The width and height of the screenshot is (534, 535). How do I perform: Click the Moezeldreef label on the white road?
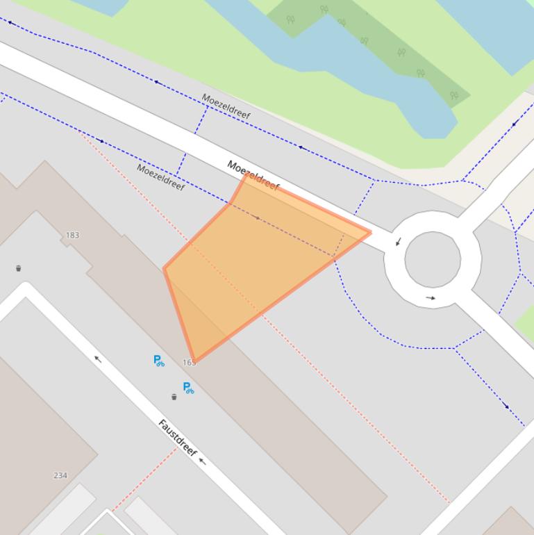253,175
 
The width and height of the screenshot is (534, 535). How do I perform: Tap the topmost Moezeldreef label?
226,106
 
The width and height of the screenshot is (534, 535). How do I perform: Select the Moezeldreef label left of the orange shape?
160,176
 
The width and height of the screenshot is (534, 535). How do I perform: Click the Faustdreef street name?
176,437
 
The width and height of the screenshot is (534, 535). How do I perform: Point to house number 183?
72,236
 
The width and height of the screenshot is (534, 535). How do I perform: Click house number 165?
189,363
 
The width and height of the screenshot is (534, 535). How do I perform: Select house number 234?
60,475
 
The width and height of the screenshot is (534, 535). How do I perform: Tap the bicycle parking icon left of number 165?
159,360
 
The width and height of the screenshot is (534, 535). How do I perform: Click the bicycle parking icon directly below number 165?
188,388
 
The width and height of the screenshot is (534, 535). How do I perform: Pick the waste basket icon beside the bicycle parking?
174,397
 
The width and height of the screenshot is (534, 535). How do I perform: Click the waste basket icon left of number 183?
19,268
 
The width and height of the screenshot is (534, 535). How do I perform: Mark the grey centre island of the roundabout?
432,259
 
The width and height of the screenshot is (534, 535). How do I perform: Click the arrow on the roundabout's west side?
398,242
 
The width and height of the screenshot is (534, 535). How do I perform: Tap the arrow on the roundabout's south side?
431,298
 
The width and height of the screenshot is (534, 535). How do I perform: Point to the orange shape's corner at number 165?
194,361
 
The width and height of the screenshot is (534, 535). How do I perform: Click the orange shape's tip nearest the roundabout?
370,233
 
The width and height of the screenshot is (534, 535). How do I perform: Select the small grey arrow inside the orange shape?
258,218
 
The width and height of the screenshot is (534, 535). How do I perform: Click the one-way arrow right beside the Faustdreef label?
202,461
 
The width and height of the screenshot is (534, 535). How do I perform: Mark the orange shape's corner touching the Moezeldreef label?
246,174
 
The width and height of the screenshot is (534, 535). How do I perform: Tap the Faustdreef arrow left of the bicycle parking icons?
98,359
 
